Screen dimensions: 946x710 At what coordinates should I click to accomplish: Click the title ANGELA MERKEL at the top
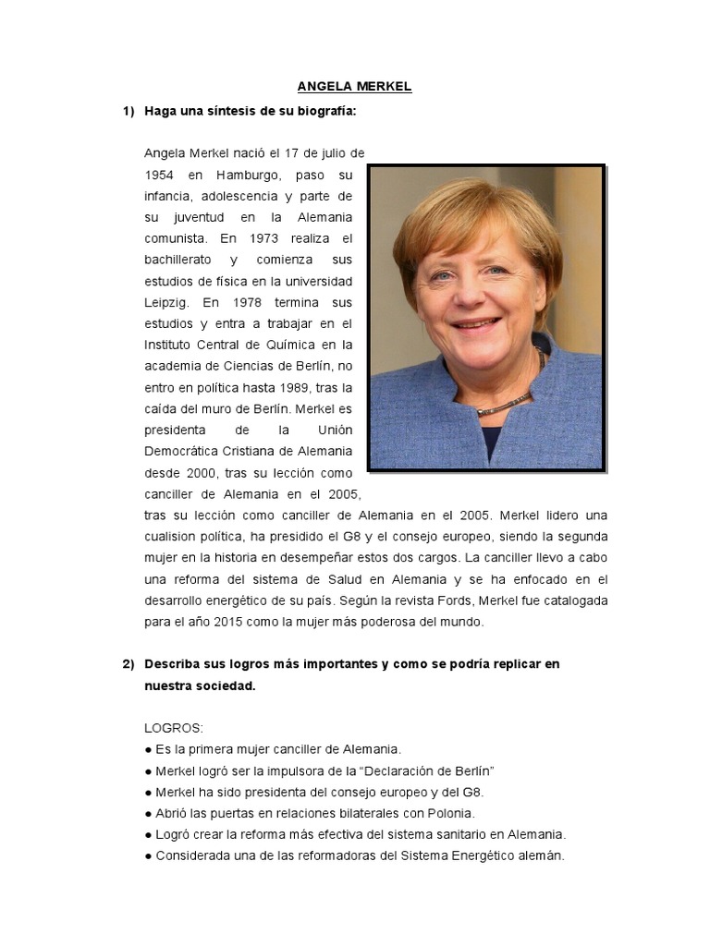click(x=355, y=87)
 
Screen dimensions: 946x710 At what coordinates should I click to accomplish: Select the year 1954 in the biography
click(x=160, y=174)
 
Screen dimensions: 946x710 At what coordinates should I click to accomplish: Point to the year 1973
click(x=266, y=237)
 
